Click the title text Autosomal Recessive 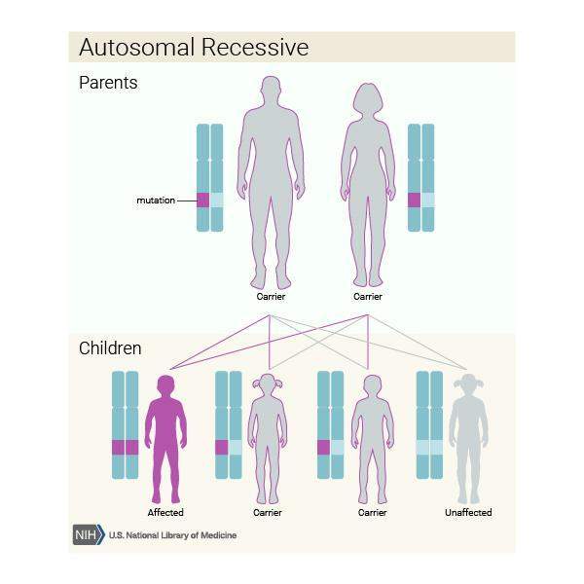point(193,48)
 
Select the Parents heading point(108,83)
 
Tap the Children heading point(110,347)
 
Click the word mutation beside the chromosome point(156,201)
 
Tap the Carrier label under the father point(271,296)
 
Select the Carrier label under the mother point(368,296)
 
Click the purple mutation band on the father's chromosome point(203,201)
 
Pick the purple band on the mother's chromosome point(415,201)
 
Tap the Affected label point(165,512)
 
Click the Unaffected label point(468,512)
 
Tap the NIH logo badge point(88,534)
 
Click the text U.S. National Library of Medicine point(172,535)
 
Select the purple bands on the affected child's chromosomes point(126,447)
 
